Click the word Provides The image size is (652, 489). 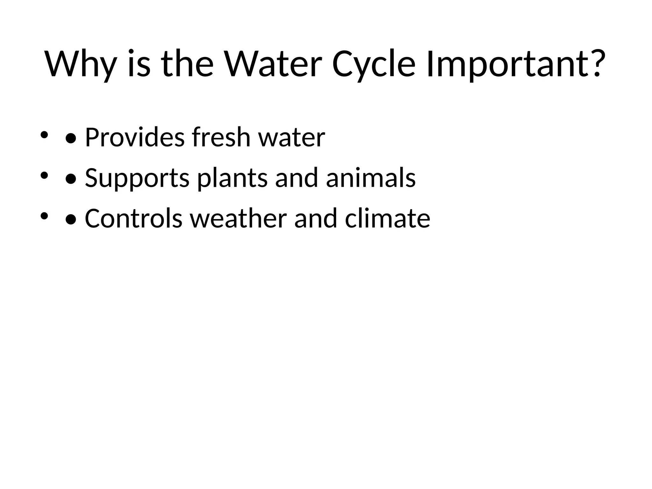[135, 137]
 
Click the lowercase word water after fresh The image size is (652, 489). [292, 138]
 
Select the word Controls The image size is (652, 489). [133, 218]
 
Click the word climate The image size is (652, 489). [387, 218]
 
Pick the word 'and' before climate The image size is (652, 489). [315, 218]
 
